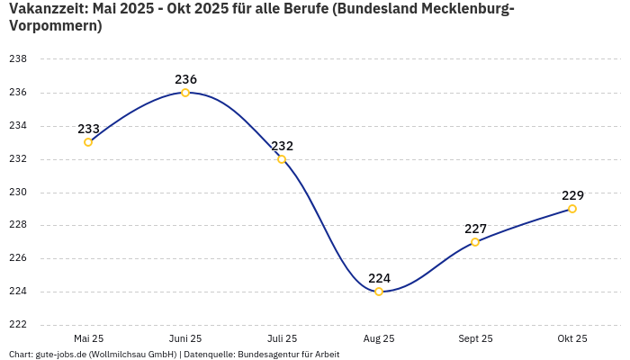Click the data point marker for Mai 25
click(x=88, y=142)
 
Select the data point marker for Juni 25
click(x=185, y=93)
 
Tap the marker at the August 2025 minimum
click(x=379, y=292)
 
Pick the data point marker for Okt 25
click(x=572, y=209)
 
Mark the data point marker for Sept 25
click(x=475, y=242)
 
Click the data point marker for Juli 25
click(x=282, y=159)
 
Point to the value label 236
click(x=185, y=79)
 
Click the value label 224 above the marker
click(x=379, y=278)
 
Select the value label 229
click(x=572, y=195)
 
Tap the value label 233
click(x=88, y=129)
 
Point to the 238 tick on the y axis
click(x=18, y=59)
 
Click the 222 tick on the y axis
click(x=18, y=325)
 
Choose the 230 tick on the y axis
click(x=18, y=193)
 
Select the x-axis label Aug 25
click(x=379, y=338)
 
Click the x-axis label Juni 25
click(x=185, y=338)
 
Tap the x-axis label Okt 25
click(x=572, y=338)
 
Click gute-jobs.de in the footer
click(x=60, y=355)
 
